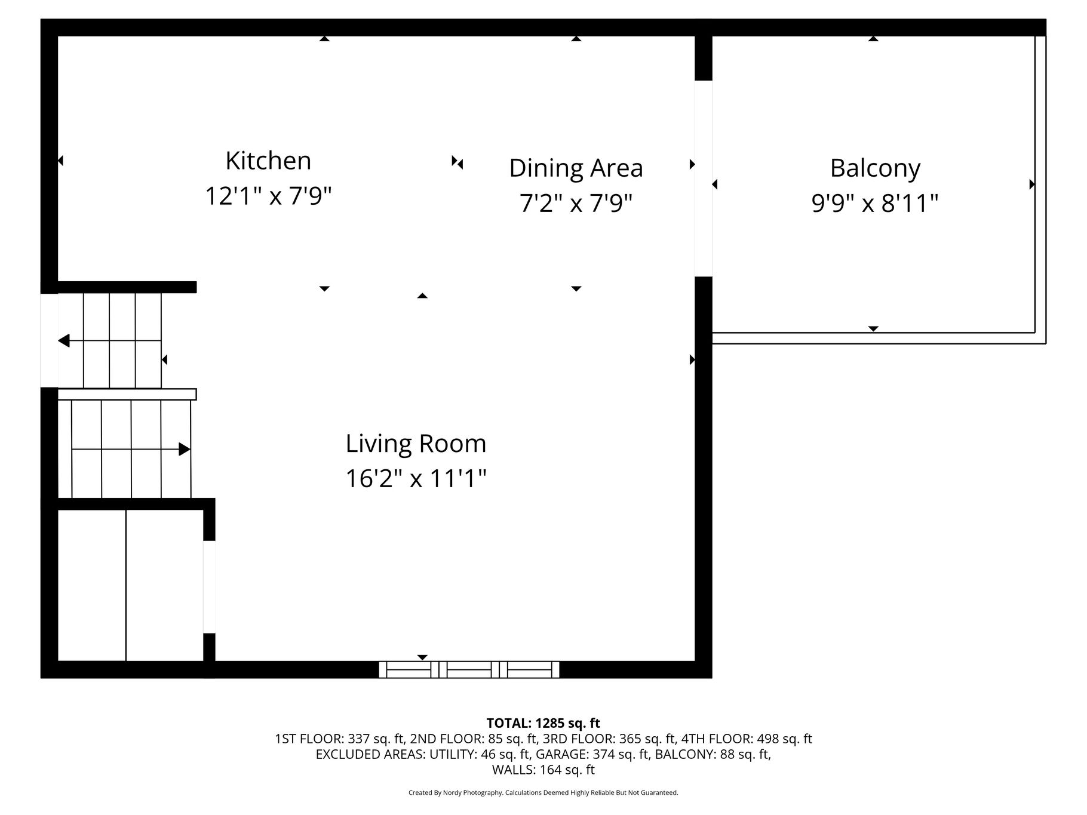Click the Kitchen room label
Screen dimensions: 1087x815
(268, 161)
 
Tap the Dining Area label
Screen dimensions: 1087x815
(576, 168)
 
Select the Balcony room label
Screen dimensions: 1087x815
(875, 169)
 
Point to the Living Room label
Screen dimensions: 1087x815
(416, 444)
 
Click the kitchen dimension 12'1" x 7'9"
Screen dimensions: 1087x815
(268, 196)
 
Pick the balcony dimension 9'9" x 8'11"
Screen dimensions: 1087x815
(875, 204)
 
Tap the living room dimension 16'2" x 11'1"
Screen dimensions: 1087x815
(416, 479)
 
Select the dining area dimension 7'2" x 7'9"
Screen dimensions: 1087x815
(576, 204)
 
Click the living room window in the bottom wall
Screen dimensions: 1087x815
(469, 669)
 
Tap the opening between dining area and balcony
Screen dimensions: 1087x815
(704, 178)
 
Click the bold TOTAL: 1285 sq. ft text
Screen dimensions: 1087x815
(543, 724)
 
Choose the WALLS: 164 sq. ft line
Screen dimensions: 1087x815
(543, 770)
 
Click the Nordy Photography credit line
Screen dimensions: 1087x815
(543, 793)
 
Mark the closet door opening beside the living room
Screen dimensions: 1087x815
(209, 586)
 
